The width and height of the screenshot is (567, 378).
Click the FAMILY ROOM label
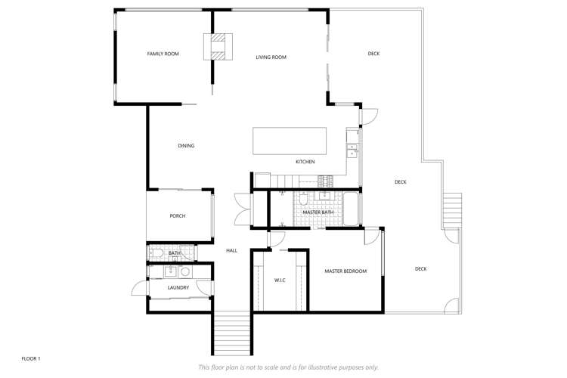(163, 54)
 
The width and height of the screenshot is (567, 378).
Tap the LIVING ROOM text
(271, 57)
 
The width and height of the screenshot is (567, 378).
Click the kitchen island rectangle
(290, 141)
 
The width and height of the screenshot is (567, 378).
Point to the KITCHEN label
(305, 162)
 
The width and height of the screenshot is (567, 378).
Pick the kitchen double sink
(352, 149)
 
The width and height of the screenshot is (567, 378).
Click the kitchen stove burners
(324, 181)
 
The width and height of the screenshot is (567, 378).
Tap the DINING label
(186, 145)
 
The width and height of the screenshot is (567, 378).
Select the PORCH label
(178, 216)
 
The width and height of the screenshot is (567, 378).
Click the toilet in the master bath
(302, 201)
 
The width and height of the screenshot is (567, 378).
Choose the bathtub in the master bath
(352, 209)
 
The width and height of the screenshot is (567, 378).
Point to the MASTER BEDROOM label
(345, 271)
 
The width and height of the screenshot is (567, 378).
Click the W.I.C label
(279, 280)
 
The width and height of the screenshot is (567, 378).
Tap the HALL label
(232, 250)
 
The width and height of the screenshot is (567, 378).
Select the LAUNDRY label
(178, 287)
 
